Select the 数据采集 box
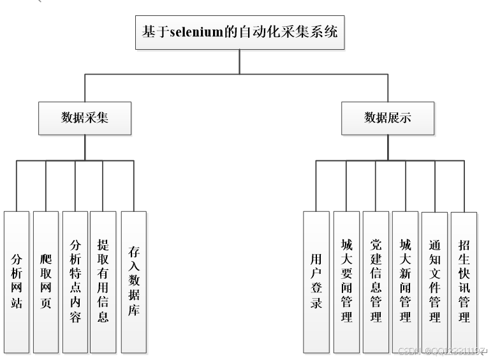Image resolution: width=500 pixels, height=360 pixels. (85, 118)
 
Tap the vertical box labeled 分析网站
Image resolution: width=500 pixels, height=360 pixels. (17, 281)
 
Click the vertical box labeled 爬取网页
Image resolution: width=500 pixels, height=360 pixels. (46, 281)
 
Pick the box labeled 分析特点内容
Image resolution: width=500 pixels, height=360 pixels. (75, 281)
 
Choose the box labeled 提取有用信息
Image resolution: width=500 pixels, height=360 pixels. (103, 281)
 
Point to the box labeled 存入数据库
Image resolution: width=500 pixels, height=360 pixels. (133, 281)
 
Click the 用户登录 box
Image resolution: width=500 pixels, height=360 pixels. (316, 281)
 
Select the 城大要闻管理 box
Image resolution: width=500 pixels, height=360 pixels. (346, 281)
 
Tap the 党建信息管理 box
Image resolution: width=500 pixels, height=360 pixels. (376, 281)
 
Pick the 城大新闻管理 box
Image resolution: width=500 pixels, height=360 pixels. (405, 281)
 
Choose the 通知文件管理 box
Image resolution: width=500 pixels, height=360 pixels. (434, 281)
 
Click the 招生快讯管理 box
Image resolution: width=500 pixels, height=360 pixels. (464, 281)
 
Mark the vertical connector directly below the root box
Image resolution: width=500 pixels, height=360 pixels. (240, 62)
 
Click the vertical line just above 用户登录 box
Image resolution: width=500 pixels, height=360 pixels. (316, 186)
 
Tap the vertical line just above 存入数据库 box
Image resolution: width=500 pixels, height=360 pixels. (133, 186)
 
